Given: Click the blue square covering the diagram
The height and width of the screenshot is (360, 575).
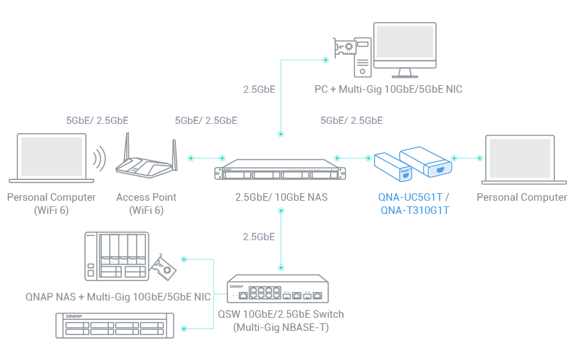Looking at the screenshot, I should [x=412, y=179].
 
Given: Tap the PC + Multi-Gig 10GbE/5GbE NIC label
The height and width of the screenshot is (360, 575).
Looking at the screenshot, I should [x=388, y=89].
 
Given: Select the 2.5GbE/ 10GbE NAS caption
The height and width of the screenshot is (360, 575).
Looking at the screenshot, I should [x=281, y=197].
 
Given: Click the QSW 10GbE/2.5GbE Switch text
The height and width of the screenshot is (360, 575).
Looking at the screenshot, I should [x=281, y=314].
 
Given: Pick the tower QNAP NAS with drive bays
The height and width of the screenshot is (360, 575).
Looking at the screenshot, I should [x=116, y=256].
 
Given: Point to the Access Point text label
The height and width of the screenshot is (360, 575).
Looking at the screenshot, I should [x=146, y=197].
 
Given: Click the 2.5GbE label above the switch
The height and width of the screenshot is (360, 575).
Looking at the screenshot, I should [x=258, y=237].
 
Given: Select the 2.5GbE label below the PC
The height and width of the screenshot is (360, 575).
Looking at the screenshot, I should [x=258, y=89].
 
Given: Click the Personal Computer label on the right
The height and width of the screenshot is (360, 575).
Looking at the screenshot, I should [x=521, y=197].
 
